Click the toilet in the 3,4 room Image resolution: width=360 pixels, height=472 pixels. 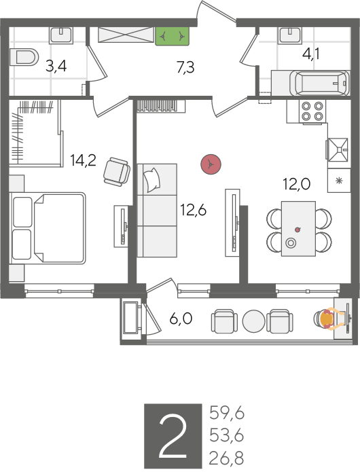point(24,56)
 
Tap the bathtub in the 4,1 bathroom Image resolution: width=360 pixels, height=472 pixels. point(319,83)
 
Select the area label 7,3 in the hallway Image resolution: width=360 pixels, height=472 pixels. point(185,67)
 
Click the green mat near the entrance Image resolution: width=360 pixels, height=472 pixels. point(172,37)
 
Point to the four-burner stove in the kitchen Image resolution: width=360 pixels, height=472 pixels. point(312,111)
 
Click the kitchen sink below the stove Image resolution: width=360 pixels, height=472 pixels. point(338,149)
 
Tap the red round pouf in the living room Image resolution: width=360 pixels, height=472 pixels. point(211,164)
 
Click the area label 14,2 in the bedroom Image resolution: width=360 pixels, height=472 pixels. point(83,160)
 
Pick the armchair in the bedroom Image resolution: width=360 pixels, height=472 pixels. point(117,172)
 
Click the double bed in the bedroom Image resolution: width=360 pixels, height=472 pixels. point(48,228)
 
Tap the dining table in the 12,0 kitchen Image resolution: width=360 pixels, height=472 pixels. point(299,229)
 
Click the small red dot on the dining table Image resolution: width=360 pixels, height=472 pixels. point(298,230)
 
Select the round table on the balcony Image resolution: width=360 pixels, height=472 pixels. point(254,321)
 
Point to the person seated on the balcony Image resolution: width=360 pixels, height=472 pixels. point(328,319)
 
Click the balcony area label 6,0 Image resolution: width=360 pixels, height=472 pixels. point(181,319)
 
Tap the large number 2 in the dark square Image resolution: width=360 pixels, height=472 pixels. point(173,435)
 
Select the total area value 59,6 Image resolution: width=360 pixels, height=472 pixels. point(227,413)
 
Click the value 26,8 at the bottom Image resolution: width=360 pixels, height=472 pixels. point(226,458)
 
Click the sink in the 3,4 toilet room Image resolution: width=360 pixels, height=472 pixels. point(61,35)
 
